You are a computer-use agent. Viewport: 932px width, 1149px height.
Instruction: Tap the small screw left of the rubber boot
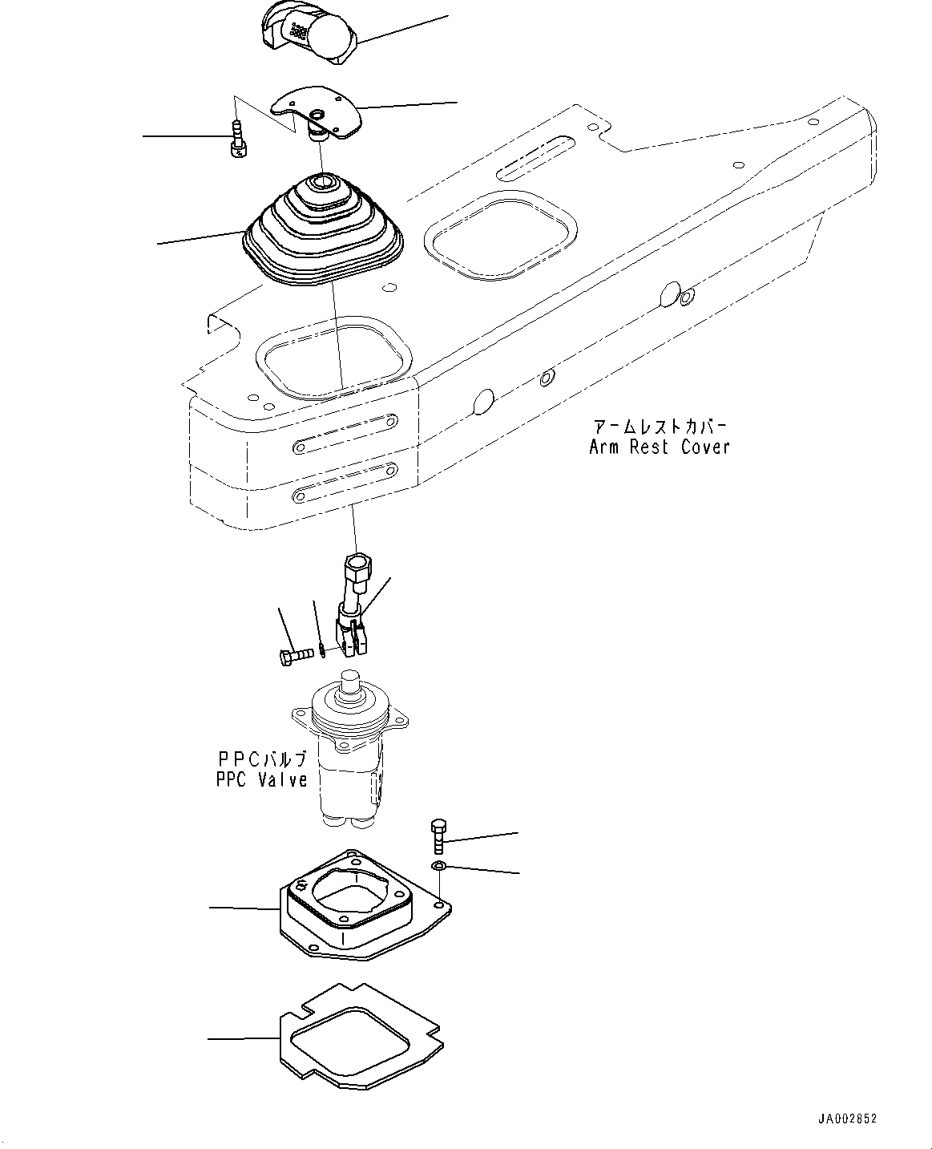pyautogui.click(x=236, y=138)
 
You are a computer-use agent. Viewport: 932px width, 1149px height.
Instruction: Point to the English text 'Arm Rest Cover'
pyautogui.click(x=660, y=447)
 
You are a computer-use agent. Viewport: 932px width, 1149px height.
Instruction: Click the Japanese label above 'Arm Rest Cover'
pyautogui.click(x=660, y=426)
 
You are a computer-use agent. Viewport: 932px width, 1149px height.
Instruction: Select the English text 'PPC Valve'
pyautogui.click(x=262, y=779)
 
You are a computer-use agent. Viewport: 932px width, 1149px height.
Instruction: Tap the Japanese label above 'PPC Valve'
pyautogui.click(x=262, y=759)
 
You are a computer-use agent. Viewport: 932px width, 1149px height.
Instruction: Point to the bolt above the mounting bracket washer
pyautogui.click(x=438, y=836)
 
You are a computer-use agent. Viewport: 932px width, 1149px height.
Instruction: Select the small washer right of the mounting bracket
pyautogui.click(x=438, y=866)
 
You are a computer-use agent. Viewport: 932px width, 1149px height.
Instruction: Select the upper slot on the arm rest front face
pyautogui.click(x=345, y=433)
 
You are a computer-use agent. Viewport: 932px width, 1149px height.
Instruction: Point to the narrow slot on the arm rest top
pyautogui.click(x=535, y=156)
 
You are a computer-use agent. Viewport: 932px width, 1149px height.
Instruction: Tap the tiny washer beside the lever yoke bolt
pyautogui.click(x=321, y=649)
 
